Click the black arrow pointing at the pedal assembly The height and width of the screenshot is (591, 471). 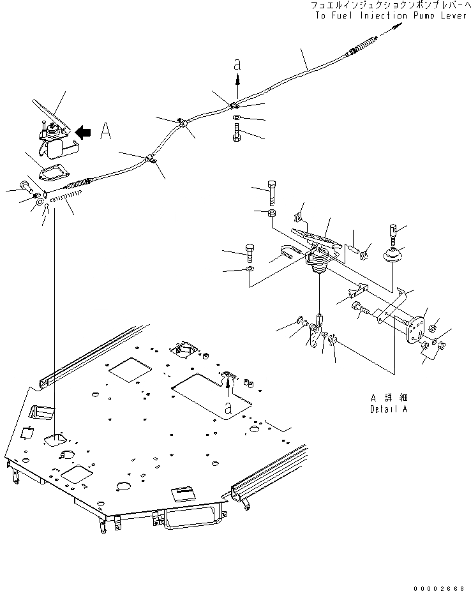tap(83, 131)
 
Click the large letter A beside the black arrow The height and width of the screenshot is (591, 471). tap(107, 131)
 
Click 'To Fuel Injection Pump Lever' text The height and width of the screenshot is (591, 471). tap(391, 15)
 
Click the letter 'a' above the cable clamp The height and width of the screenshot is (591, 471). tap(237, 64)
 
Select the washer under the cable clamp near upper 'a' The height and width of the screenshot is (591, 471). tap(237, 119)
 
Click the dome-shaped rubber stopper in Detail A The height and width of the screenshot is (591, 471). tap(391, 257)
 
